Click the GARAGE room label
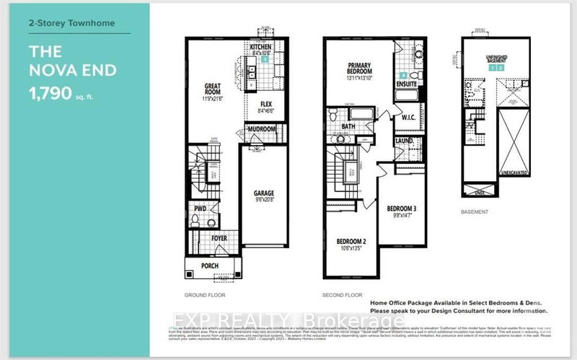(x=263, y=193)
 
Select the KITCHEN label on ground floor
(x=260, y=47)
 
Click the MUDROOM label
(x=262, y=129)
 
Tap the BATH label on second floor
(x=348, y=126)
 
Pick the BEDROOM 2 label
(x=351, y=241)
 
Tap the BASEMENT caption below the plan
(x=473, y=212)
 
